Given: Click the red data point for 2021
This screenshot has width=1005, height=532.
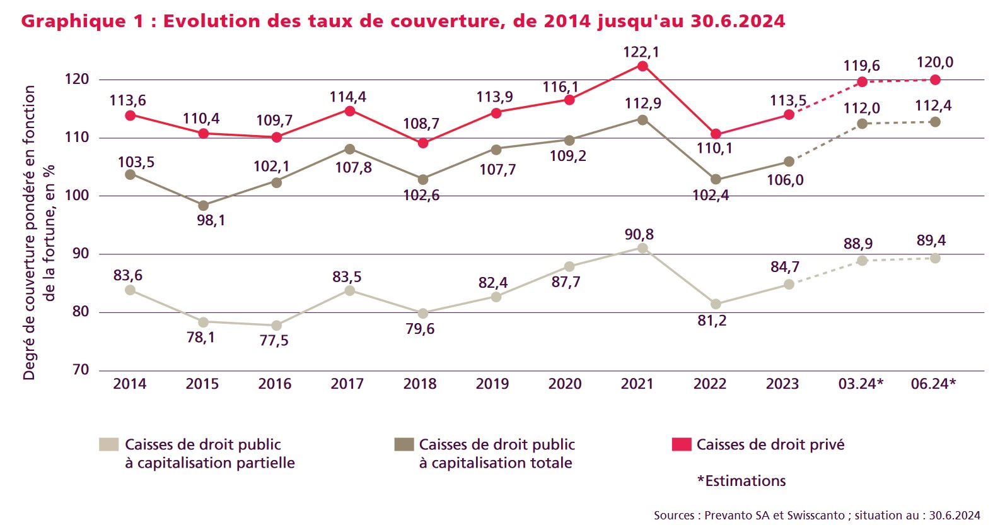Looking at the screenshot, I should pos(642,66).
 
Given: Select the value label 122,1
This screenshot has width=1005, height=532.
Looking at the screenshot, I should pos(641,52).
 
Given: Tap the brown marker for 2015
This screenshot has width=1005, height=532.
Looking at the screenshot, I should pos(203,206).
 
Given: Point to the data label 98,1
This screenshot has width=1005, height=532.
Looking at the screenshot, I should pos(211,221).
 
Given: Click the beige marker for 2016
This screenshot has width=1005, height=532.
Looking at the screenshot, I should pos(276,326).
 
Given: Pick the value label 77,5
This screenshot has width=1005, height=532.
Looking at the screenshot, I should pos(274,341).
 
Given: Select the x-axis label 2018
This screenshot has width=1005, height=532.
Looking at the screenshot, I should pos(419,384).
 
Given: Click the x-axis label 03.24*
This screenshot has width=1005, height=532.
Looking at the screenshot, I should pos(861,384).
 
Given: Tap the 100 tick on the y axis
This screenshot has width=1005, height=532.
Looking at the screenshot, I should pos(77,196).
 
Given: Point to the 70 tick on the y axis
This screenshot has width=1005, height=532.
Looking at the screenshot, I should pos(81,370).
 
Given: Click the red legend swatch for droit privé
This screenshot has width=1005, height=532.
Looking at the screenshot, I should pos(682,444).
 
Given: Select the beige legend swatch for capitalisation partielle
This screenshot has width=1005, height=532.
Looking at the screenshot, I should pos(108,444).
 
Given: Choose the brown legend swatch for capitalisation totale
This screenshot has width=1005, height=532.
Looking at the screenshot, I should pos(404,444).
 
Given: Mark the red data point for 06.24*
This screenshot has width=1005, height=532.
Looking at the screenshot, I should pos(935,80).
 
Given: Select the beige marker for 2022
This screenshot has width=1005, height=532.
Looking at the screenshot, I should pos(716,304).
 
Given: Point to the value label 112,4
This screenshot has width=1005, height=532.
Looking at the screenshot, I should pos(933,106).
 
